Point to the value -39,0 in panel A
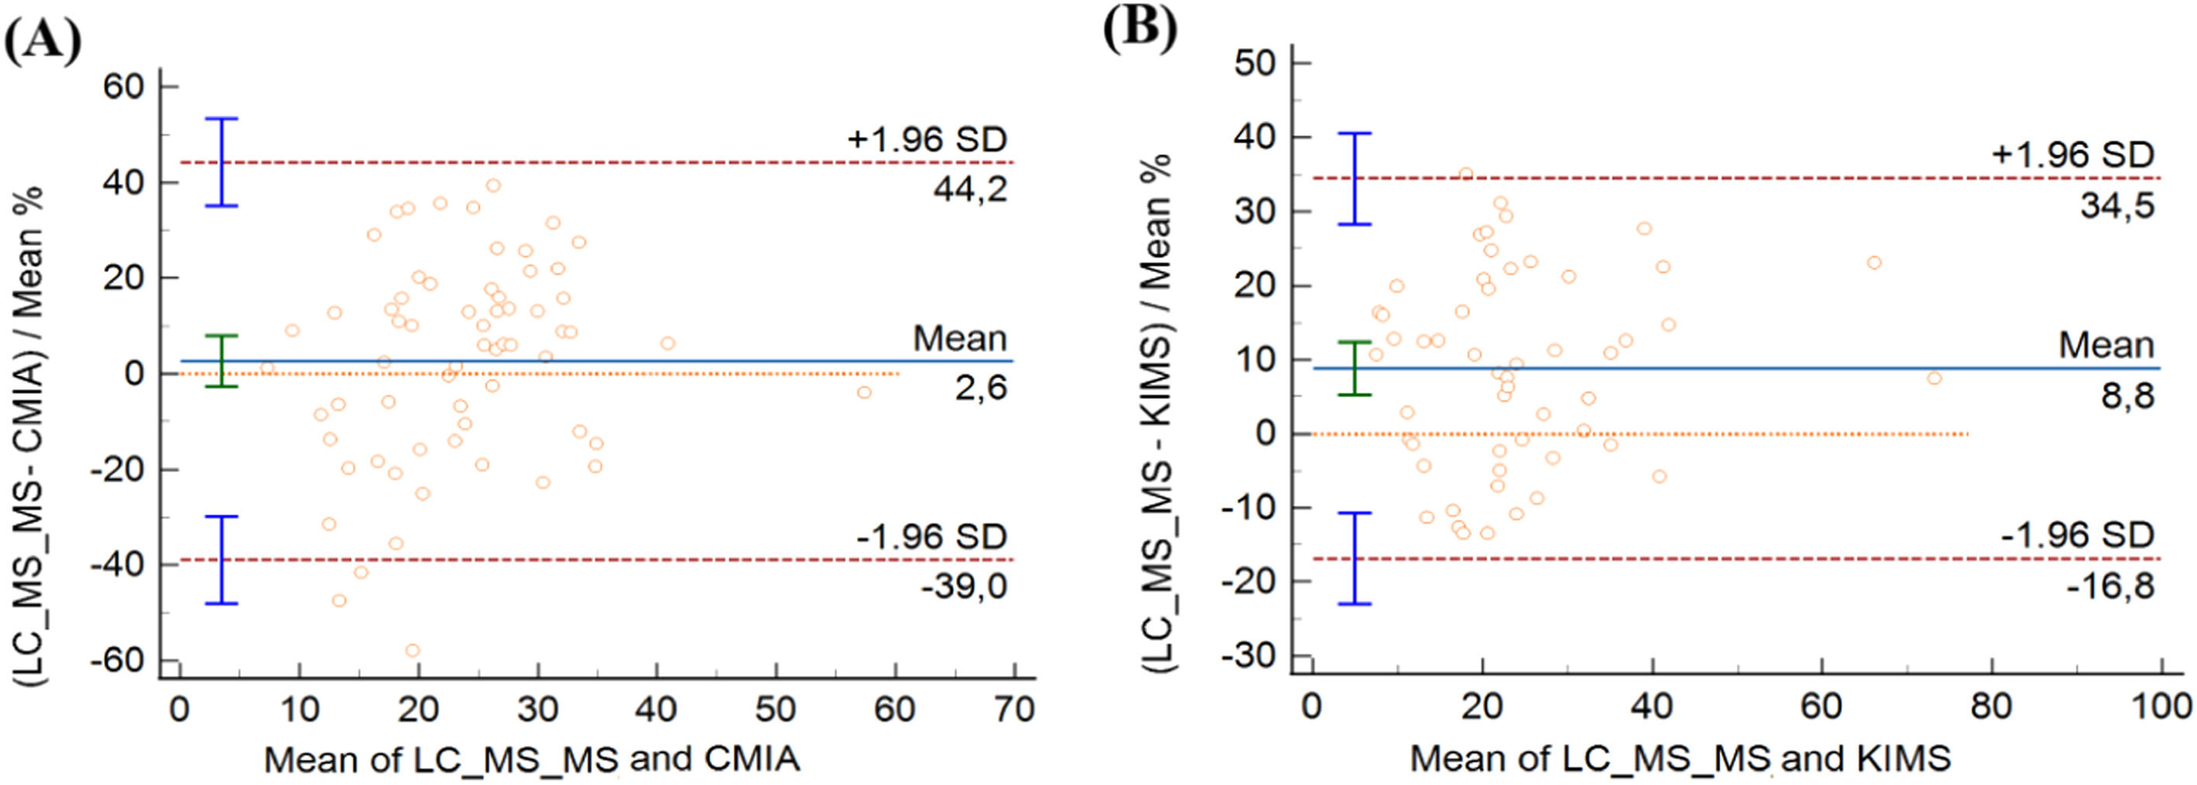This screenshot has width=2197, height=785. [x=964, y=586]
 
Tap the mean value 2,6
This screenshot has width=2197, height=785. [x=981, y=388]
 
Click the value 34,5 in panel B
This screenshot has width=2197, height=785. [x=2117, y=205]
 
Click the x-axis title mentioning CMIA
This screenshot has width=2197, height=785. [x=531, y=759]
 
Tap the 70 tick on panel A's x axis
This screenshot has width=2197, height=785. [x=1015, y=708]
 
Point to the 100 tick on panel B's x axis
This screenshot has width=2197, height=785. [x=2161, y=707]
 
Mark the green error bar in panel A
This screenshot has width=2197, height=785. [x=222, y=361]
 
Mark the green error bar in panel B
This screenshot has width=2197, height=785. [x=1353, y=368]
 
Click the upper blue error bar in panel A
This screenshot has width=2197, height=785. [x=222, y=162]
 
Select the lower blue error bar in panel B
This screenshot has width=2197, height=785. [x=1353, y=558]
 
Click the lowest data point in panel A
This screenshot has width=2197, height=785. [x=413, y=650]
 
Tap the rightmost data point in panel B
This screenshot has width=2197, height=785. [x=1934, y=378]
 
